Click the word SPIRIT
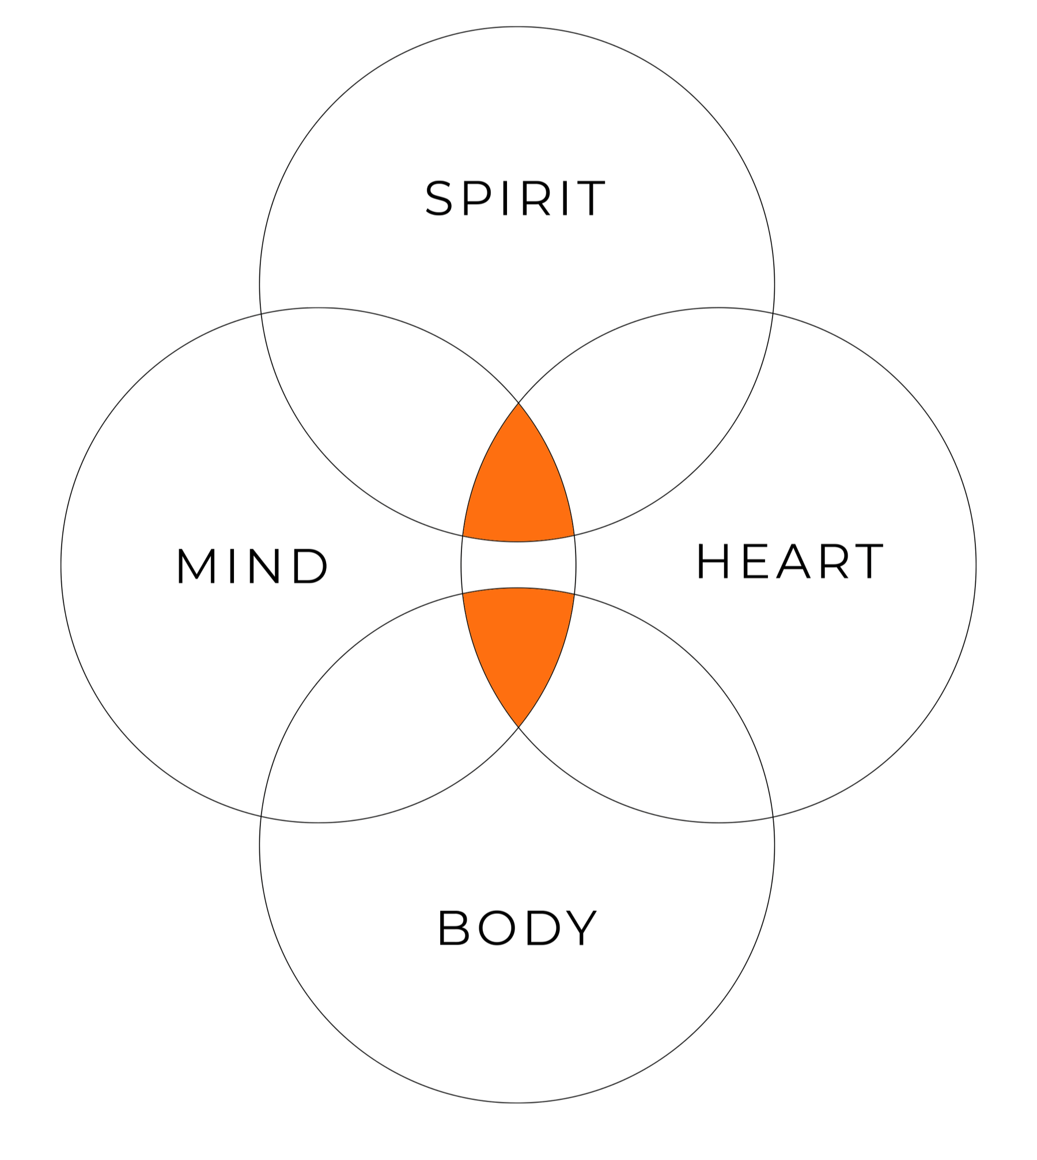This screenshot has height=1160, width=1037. click(516, 199)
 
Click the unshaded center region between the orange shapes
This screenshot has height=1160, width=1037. click(518, 565)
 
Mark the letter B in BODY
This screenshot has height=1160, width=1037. click(455, 928)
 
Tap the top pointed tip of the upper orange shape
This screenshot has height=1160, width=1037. click(518, 403)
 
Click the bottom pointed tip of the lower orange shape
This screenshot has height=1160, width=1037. click(518, 727)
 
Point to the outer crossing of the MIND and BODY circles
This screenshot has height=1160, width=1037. click(262, 817)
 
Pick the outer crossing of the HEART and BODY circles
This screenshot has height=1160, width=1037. click(773, 817)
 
